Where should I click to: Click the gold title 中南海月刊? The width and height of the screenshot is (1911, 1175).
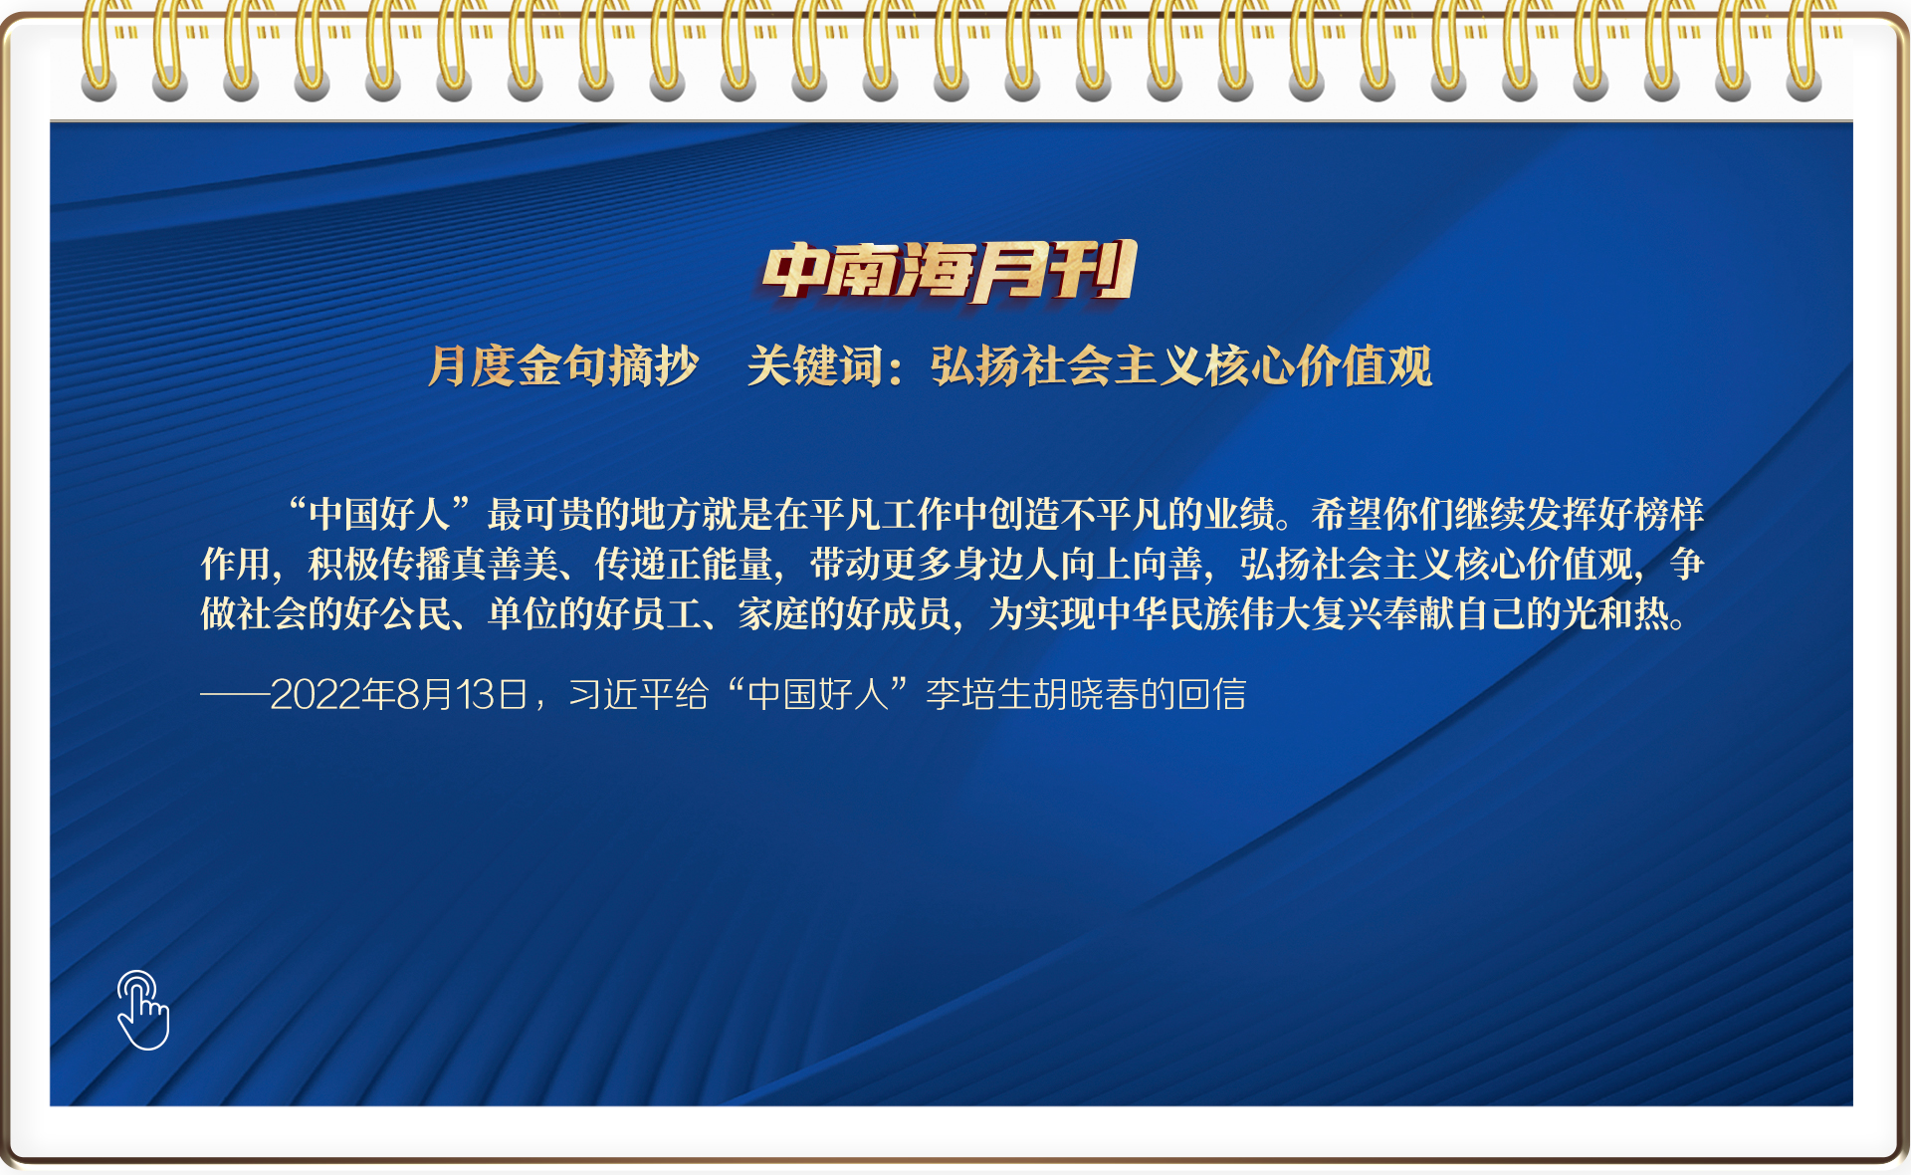[x=950, y=271]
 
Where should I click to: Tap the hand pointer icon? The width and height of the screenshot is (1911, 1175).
[x=143, y=1010]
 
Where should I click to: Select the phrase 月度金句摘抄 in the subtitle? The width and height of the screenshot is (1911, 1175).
[x=563, y=365]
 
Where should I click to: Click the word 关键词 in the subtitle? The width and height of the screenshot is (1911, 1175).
[x=815, y=365]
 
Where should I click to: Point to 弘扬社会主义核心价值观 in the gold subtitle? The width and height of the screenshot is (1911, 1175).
[x=1181, y=365]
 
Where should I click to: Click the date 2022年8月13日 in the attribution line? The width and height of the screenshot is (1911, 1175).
[x=399, y=694]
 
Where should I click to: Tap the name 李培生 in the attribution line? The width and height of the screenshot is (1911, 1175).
[x=978, y=694]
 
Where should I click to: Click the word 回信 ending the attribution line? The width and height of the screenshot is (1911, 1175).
[x=1211, y=694]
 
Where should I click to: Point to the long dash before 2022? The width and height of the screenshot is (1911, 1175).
[x=235, y=695]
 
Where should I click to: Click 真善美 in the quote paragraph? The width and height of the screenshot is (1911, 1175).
[x=506, y=564]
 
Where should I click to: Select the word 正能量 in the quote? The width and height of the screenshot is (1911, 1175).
[x=720, y=564]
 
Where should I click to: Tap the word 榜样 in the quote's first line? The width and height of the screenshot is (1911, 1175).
[x=1669, y=514]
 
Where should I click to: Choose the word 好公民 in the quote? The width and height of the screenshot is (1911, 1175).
[x=398, y=613]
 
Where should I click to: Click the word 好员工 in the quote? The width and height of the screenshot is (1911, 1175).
[x=648, y=613]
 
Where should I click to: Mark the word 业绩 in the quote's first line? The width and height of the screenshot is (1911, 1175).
[x=1239, y=514]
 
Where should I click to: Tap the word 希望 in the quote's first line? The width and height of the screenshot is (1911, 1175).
[x=1347, y=514]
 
